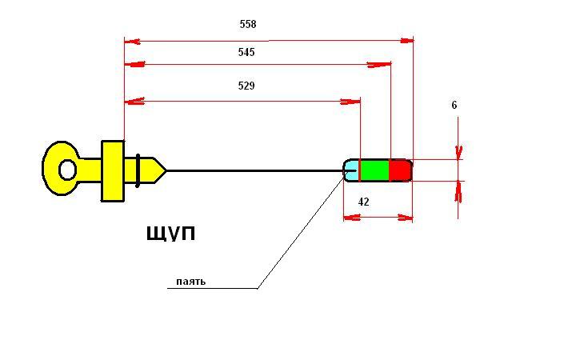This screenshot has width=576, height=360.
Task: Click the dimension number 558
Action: pyautogui.click(x=248, y=24)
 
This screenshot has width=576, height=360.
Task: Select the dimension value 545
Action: pyautogui.click(x=246, y=52)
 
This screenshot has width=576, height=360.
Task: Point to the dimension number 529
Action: pyautogui.click(x=246, y=86)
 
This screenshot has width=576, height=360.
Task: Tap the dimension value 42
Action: pyautogui.click(x=363, y=202)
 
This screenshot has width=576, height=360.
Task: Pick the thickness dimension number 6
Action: pyautogui.click(x=454, y=105)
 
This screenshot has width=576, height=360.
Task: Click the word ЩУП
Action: pyautogui.click(x=171, y=234)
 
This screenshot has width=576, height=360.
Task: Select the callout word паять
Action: pyautogui.click(x=190, y=282)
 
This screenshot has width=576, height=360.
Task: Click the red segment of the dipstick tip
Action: pyautogui.click(x=400, y=170)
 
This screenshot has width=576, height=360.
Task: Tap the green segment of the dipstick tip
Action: pyautogui.click(x=374, y=170)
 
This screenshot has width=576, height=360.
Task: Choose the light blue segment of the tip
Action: pyautogui.click(x=351, y=170)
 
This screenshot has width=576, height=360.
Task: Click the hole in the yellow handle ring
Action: pyautogui.click(x=67, y=170)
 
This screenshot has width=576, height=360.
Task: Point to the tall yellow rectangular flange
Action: pyautogui.click(x=113, y=171)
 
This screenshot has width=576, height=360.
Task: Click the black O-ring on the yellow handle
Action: pyautogui.click(x=138, y=170)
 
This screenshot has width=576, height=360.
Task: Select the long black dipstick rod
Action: pyautogui.click(x=255, y=171)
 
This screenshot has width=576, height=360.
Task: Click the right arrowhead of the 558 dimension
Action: pyautogui.click(x=406, y=41)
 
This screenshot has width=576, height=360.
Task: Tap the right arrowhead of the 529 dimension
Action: pyautogui.click(x=350, y=102)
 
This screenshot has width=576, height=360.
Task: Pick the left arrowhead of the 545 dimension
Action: pyautogui.click(x=134, y=65)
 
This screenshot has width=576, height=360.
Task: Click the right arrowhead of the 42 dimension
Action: pyautogui.click(x=406, y=218)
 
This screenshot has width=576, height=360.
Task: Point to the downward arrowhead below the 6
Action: pyautogui.click(x=458, y=153)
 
